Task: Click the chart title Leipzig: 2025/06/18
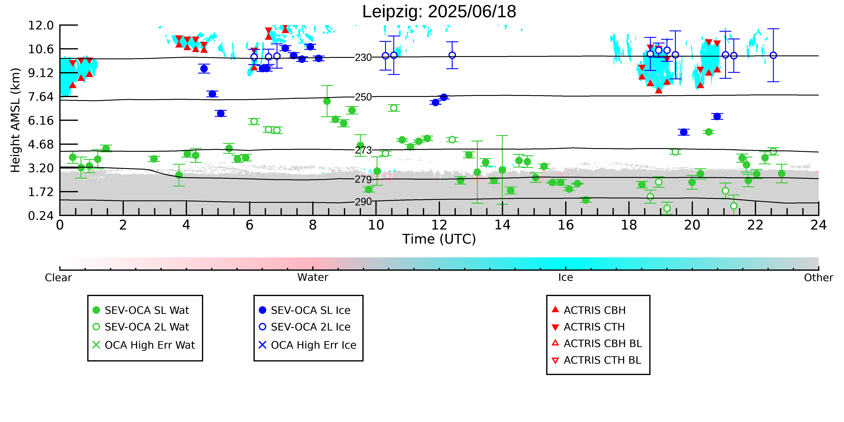(x=439, y=12)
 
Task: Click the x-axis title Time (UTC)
(x=439, y=239)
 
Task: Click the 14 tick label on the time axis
(x=502, y=225)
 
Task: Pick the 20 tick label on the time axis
(x=692, y=225)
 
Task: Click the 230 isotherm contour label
(x=363, y=58)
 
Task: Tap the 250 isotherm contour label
(x=363, y=97)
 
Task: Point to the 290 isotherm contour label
(x=363, y=202)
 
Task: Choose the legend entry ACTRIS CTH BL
(x=596, y=360)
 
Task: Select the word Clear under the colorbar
(x=58, y=278)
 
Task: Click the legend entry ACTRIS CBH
(x=589, y=310)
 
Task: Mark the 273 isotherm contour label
(x=363, y=150)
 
